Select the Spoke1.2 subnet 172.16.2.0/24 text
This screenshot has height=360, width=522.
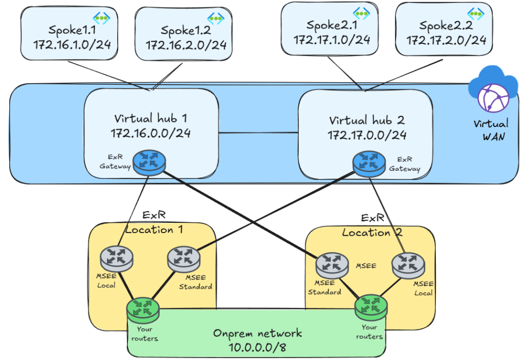[x=186, y=45]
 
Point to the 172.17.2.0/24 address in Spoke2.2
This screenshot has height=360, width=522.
[x=446, y=39]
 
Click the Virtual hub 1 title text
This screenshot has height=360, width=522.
[x=151, y=119]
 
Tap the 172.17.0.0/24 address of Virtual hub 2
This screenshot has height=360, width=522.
[x=367, y=135]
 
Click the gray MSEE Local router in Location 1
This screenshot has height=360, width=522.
[x=117, y=258]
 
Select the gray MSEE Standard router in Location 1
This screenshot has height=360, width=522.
[x=183, y=258]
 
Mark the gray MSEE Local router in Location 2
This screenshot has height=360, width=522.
[x=408, y=264]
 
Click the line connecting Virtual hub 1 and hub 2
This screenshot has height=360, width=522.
[x=258, y=134]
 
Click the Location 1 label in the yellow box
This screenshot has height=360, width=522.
[x=154, y=229]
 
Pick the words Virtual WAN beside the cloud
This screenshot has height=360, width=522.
[x=490, y=130]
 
